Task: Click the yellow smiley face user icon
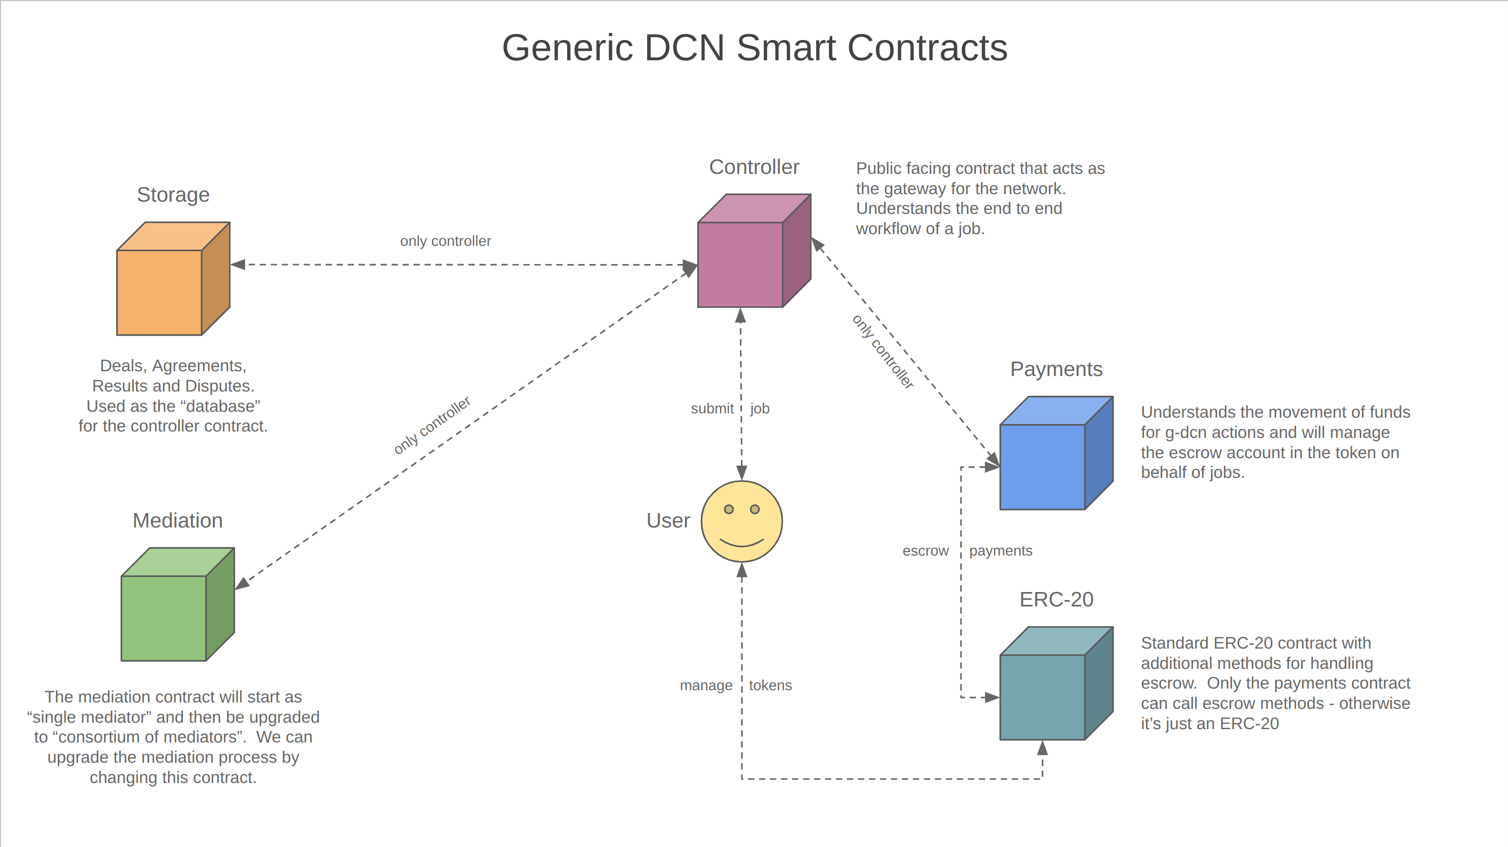pos(741,521)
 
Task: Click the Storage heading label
pos(173,195)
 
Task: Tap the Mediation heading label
pos(178,520)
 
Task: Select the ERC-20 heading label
pos(1056,599)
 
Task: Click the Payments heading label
pos(1056,369)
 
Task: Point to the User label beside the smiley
pos(668,520)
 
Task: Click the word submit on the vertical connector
pos(711,408)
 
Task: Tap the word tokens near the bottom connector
pos(770,685)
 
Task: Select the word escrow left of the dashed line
pos(925,550)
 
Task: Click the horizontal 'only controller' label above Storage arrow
pos(445,241)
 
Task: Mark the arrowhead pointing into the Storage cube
pos(238,265)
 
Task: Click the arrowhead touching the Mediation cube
pos(243,584)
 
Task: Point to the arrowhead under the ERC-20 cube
pos(1043,748)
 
